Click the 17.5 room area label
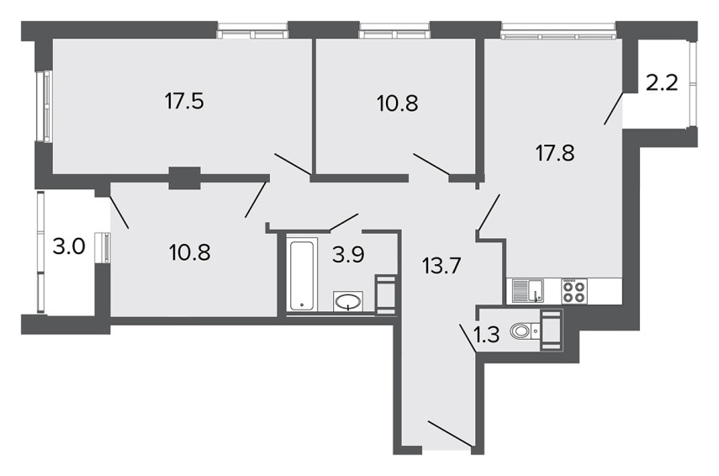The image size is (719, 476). (184, 102)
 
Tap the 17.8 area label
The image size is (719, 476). (555, 153)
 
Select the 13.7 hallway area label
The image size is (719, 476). (441, 266)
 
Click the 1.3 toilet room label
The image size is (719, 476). (486, 336)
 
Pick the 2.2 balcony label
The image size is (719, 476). (662, 83)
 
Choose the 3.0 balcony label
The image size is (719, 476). (69, 247)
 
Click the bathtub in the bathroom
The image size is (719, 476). (303, 274)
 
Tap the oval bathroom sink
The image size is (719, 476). (348, 302)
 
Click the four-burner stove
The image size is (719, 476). (574, 291)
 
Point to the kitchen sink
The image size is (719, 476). (527, 291)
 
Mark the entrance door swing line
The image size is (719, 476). (450, 433)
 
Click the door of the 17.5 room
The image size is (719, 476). (293, 164)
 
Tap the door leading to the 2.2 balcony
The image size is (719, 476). (614, 108)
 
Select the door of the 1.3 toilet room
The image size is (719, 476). (468, 338)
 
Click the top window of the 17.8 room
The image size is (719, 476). (558, 32)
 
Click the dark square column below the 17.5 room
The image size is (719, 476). (185, 178)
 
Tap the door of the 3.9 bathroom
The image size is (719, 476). (344, 221)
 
